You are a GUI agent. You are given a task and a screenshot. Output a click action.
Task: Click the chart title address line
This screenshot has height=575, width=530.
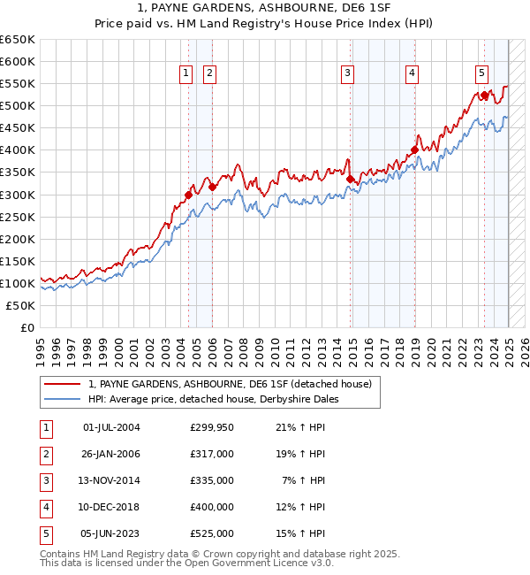(265, 8)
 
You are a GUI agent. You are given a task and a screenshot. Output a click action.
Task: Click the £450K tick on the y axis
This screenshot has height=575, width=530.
(19, 128)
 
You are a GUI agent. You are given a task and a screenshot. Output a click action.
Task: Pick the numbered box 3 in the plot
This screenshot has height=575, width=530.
(348, 74)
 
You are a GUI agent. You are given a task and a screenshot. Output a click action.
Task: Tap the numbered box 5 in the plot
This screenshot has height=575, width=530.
(481, 74)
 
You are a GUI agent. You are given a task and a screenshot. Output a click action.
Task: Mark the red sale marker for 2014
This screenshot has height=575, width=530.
(351, 179)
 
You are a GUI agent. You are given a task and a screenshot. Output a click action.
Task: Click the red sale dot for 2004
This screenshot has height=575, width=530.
(188, 195)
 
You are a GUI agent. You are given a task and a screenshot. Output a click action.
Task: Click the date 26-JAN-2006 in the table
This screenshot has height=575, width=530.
(110, 454)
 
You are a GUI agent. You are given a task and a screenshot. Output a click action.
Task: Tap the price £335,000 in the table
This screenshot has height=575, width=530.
(212, 480)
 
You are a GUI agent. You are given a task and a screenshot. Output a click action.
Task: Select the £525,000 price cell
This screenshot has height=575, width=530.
(212, 533)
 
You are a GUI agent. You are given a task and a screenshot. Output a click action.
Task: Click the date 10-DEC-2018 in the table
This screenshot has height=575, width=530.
(110, 507)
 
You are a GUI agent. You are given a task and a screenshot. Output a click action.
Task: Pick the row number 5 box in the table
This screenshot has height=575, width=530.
(44, 533)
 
